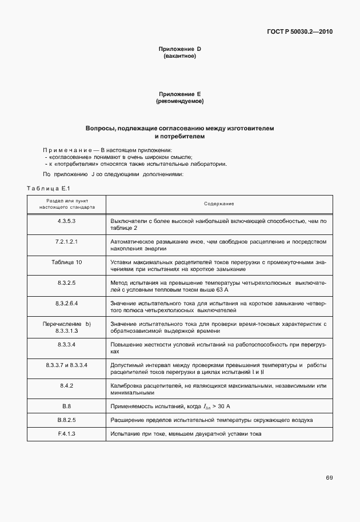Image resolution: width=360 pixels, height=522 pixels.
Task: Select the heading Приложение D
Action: (x=179, y=49)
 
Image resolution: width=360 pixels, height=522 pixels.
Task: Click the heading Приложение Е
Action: (x=179, y=94)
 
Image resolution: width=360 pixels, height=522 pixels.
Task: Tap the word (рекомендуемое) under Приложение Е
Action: (x=179, y=101)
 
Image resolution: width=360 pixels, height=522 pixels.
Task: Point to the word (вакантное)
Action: (x=179, y=56)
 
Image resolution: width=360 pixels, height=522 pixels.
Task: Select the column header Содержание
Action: (x=219, y=204)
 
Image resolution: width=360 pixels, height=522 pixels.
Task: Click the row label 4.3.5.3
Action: (x=66, y=221)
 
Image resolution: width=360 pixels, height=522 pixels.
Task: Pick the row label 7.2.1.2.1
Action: (x=66, y=241)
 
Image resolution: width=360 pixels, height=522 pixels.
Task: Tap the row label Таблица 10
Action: (x=66, y=262)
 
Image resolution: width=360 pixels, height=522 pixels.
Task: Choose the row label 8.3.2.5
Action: (x=66, y=282)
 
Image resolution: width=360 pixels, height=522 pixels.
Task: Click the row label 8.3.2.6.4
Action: (x=66, y=303)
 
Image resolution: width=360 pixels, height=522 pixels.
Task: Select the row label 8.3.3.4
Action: (x=66, y=345)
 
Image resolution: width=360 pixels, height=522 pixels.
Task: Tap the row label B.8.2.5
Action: (x=66, y=419)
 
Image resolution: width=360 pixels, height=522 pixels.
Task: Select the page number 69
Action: (x=329, y=477)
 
